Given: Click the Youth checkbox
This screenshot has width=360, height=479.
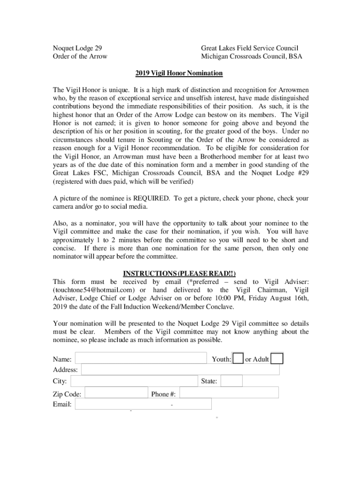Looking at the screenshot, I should coord(238,359).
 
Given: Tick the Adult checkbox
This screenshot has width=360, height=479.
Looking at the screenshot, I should coord(277,359).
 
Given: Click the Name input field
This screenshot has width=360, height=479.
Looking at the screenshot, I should coord(140,358).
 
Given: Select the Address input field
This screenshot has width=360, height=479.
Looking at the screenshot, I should coord(180,370).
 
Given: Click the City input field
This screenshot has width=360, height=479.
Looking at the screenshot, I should coord(134,381).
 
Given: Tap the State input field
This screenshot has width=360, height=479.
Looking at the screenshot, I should coord(231,381).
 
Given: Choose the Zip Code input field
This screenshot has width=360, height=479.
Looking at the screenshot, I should coord(116,393).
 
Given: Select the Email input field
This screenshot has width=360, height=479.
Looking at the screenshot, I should coord(143,404).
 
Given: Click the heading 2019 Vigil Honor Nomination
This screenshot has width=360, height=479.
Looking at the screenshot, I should coord(180,73).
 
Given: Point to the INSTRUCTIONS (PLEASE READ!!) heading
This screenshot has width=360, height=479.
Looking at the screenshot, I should coord(179,273).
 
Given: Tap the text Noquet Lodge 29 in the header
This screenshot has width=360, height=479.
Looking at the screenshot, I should coord(77,48).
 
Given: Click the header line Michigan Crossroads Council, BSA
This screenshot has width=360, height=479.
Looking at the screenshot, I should coord(252,57).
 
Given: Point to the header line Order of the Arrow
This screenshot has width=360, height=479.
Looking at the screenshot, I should coord(80,57).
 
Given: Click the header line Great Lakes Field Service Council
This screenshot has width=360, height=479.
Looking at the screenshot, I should coord(250,48).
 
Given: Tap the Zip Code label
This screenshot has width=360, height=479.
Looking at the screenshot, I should coord(67,394).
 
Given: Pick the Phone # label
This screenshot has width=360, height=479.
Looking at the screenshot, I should coord(163,394).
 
